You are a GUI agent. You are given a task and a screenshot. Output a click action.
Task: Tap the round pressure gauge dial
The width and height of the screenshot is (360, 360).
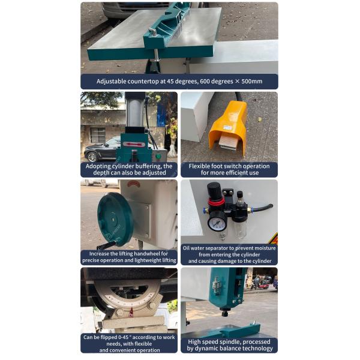[217, 221]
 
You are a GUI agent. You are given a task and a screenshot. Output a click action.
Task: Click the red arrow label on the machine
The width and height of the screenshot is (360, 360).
[134, 145]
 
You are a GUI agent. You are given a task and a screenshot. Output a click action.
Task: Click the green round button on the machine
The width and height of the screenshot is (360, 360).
[158, 157]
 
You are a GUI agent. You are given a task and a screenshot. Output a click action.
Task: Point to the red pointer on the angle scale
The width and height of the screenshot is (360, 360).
[131, 311]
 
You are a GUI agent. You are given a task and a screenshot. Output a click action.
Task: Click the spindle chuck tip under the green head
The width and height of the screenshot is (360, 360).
[225, 313]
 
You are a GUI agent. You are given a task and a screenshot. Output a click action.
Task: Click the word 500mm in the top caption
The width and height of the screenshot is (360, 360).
[251, 81]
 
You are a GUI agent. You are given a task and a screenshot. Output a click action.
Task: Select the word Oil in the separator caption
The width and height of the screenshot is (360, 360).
[186, 248]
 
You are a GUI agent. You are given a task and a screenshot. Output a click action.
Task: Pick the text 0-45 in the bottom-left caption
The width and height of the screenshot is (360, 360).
[124, 337]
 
